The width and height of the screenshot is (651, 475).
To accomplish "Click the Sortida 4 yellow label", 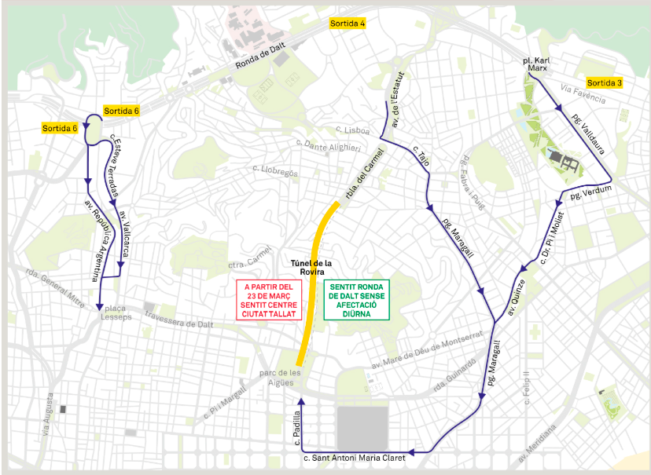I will click(348, 24).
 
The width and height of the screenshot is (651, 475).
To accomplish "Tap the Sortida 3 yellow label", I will click(605, 83).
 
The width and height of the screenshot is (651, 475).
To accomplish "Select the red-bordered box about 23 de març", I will click(269, 300).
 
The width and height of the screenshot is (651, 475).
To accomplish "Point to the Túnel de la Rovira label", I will click(312, 268).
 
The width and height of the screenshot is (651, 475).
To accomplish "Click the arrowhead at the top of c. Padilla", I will click(300, 402).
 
